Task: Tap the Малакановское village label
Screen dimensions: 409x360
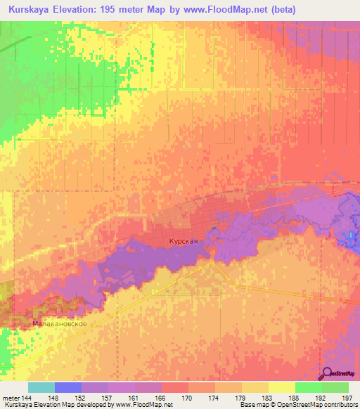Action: tap(60, 324)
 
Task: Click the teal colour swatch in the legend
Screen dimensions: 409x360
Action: tap(41, 387)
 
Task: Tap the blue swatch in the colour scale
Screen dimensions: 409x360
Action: tap(68, 387)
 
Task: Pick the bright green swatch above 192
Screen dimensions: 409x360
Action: tap(307, 387)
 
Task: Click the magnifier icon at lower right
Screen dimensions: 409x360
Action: tap(326, 373)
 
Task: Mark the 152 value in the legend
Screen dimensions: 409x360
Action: tap(82, 398)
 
